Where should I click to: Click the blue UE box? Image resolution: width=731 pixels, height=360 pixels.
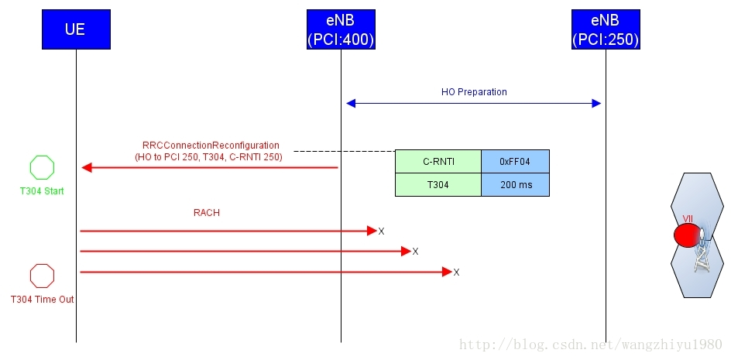tap(76, 29)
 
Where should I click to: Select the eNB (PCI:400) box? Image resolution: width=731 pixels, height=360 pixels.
tap(341, 29)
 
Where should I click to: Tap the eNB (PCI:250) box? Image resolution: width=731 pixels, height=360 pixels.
tap(606, 29)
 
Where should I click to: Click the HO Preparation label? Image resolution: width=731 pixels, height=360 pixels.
tap(474, 92)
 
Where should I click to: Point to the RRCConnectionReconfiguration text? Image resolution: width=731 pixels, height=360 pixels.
tap(211, 146)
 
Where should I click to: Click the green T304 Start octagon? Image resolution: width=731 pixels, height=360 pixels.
tap(42, 168)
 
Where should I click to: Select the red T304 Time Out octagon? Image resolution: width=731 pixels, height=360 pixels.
tap(42, 276)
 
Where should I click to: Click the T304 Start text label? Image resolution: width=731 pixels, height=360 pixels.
tap(42, 191)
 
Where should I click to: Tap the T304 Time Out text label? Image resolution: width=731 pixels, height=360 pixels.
tap(42, 300)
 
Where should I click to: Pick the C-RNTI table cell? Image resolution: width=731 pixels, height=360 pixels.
tap(438, 161)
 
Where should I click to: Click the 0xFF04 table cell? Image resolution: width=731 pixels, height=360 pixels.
tap(515, 161)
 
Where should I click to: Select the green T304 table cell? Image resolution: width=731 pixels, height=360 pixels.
tap(438, 184)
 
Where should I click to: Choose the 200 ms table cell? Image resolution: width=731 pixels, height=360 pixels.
tap(515, 184)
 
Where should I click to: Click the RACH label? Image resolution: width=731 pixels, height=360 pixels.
tap(207, 213)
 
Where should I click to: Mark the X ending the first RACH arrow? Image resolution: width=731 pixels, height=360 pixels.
tap(381, 231)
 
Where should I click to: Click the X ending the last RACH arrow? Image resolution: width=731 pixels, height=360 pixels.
tap(456, 273)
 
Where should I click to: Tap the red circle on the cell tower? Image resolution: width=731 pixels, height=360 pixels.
tap(685, 235)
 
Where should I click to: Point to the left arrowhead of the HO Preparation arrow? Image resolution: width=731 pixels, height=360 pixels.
tap(350, 103)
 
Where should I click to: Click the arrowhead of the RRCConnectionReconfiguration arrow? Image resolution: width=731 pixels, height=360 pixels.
tap(87, 167)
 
